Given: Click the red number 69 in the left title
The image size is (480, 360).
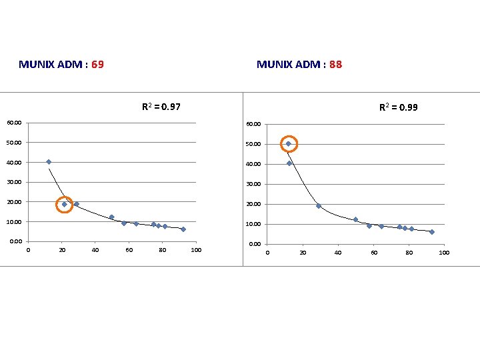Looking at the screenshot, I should coord(97,65).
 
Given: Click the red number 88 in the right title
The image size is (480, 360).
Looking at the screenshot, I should coord(335,65).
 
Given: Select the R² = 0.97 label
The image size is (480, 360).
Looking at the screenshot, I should coord(161,107).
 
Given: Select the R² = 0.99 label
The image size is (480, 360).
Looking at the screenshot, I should coord(399,107).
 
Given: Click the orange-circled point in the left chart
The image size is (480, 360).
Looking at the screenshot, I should coord(65,205).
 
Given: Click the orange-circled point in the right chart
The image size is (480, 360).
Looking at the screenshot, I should coord(289,144).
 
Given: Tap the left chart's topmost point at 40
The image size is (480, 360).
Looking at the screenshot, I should coord(49,162).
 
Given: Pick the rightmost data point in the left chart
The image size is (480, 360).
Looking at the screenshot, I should coord(183,229).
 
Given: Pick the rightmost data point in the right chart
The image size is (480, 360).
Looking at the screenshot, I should coord(432,232).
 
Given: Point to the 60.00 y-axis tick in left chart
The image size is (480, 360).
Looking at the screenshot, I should coord(14,123).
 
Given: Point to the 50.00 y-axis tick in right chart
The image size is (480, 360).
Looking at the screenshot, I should coord(253,144).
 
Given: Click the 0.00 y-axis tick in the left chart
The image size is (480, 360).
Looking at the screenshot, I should coord(16,241).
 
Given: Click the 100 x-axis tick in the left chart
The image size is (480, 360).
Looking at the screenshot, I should coord(195,251).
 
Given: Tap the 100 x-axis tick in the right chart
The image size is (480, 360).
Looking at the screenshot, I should coord(444,253).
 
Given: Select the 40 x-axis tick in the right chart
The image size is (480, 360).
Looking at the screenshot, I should coord(338,253).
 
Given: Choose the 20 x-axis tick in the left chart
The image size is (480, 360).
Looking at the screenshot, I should coord(62,251).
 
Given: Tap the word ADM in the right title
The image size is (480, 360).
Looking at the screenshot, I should coord(307,65).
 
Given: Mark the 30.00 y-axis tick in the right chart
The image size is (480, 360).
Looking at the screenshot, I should coord(253,184).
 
